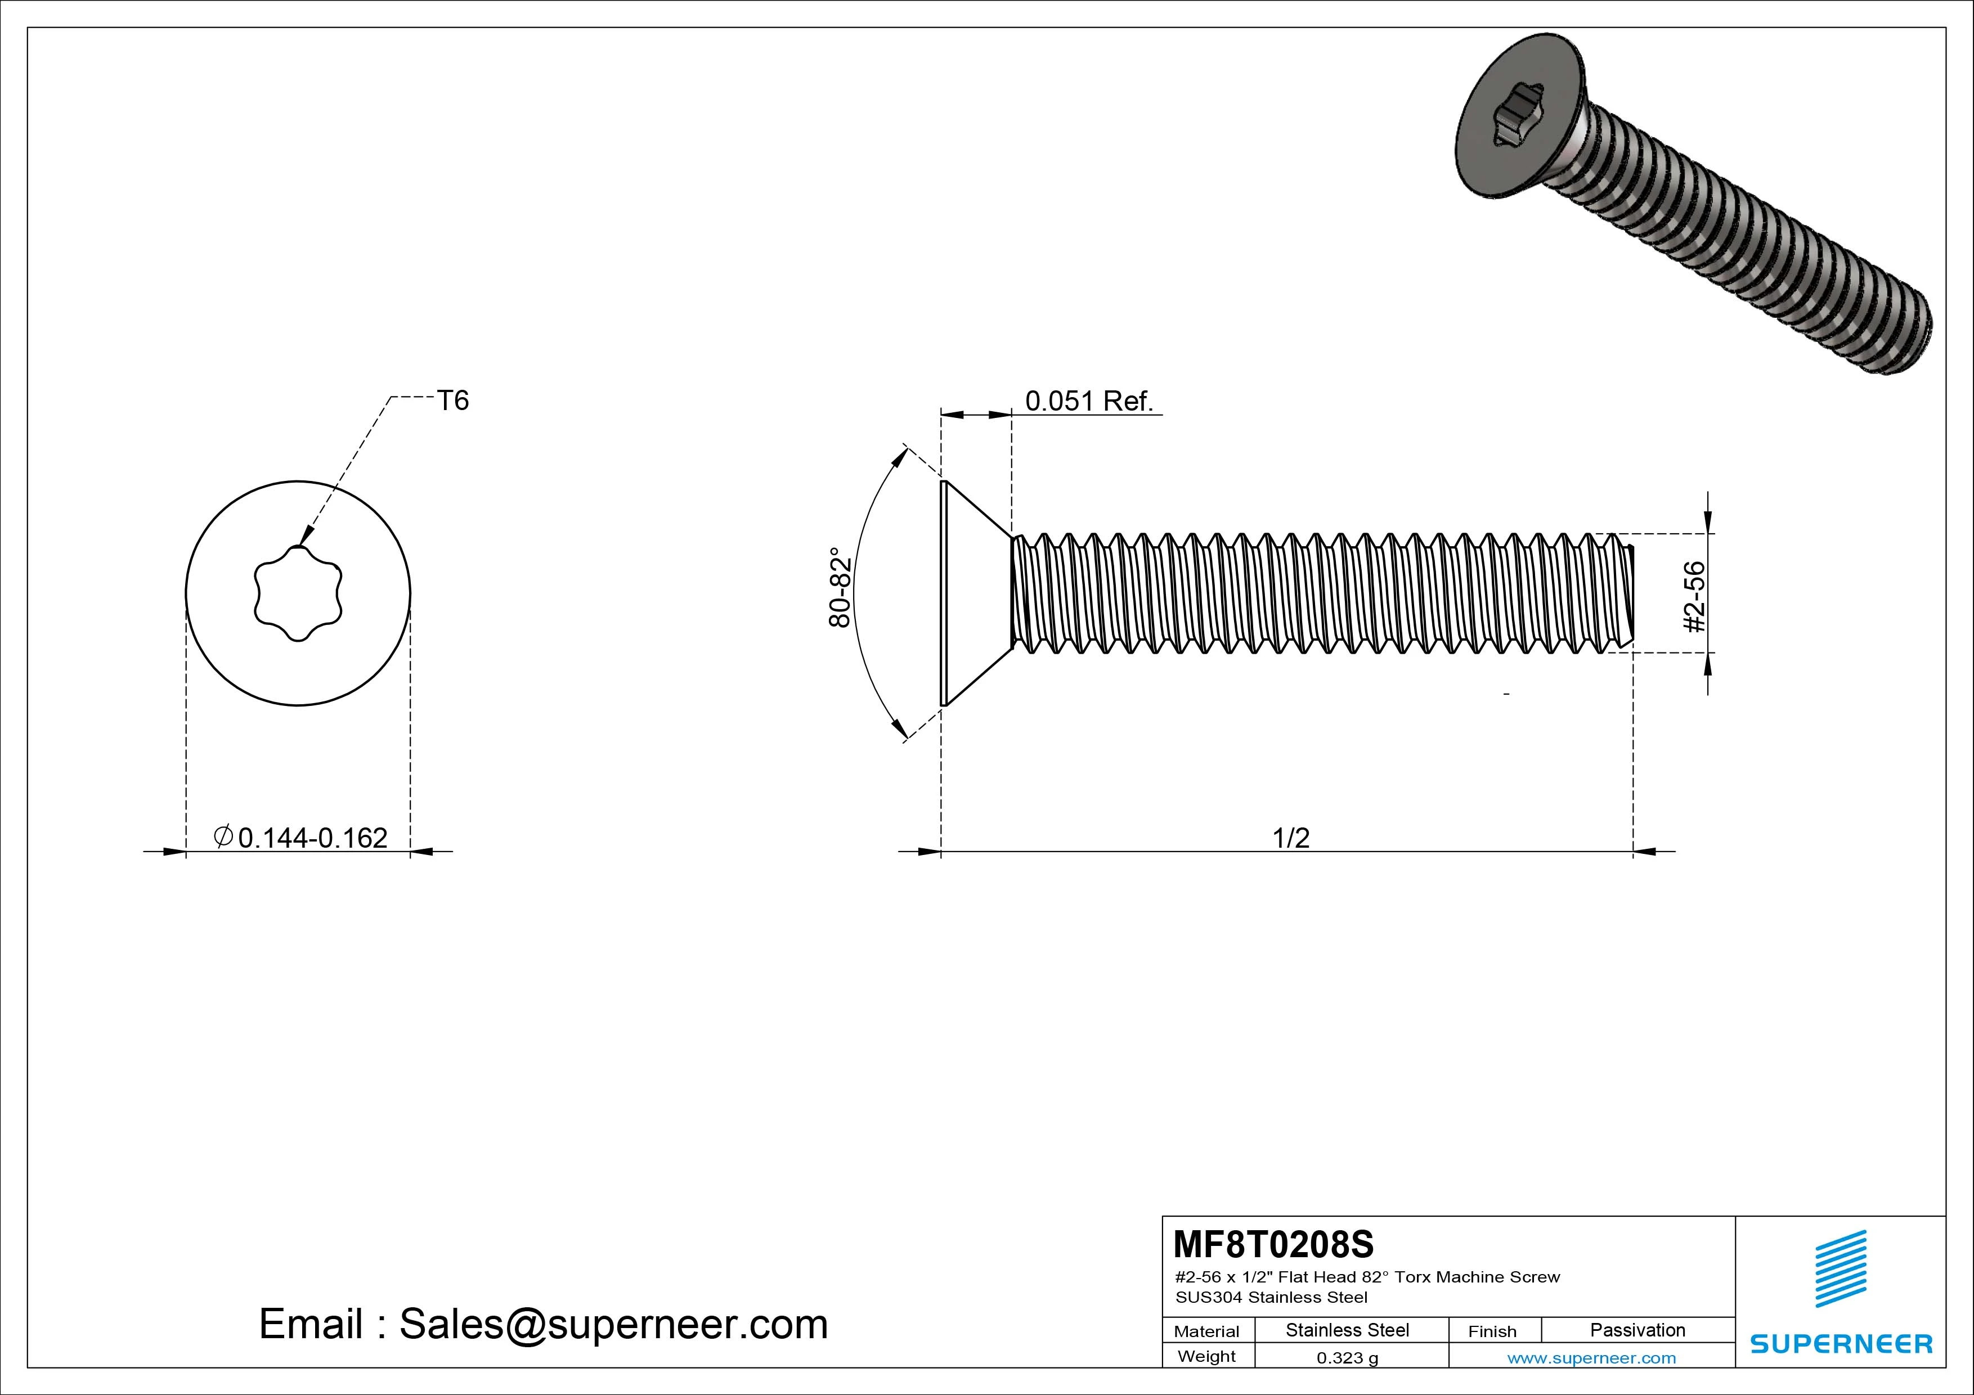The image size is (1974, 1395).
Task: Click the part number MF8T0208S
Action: tap(1273, 1244)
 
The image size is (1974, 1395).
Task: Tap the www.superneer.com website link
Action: tap(1591, 1358)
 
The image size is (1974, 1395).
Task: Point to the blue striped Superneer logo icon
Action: tap(1840, 1280)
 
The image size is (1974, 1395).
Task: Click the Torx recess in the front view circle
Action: tap(298, 593)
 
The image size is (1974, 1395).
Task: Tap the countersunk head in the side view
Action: tap(977, 593)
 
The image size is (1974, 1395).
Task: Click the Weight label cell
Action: tap(1206, 1356)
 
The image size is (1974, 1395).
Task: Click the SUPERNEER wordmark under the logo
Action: tap(1841, 1343)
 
